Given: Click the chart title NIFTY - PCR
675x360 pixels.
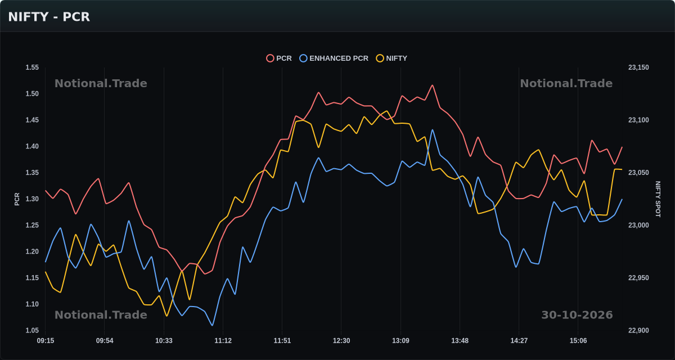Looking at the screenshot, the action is [x=49, y=17].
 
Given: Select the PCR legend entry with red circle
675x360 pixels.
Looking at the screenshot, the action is [x=279, y=58].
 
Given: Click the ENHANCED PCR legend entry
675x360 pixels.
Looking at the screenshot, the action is [x=334, y=58].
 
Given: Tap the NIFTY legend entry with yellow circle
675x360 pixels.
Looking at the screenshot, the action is [x=391, y=58].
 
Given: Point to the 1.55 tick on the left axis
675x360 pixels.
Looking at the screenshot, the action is [x=32, y=67].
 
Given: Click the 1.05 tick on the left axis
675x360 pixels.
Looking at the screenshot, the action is [x=32, y=331].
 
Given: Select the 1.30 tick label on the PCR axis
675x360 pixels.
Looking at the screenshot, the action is [x=32, y=199].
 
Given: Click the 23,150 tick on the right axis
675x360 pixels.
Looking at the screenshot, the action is [x=638, y=67].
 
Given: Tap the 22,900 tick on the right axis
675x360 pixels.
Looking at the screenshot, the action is [x=638, y=331].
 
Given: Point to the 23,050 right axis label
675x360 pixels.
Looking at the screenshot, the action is [x=638, y=173].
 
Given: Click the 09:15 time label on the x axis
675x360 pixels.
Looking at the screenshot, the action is [x=46, y=341].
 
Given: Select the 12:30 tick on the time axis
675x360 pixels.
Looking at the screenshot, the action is [x=341, y=341].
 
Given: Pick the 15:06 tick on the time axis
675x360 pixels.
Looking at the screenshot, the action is [x=578, y=341].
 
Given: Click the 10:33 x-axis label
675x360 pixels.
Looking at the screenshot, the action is [x=164, y=341].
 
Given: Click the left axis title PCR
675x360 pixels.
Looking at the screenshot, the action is [x=17, y=199].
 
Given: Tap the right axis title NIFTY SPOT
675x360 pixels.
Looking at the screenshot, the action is [x=658, y=199].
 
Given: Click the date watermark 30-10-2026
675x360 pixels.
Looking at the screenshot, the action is [x=577, y=315].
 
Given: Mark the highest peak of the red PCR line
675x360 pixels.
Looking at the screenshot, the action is [x=433, y=85].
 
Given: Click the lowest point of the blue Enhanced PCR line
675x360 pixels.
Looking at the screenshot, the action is [x=212, y=325].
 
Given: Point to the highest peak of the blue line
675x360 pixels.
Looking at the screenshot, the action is [x=433, y=130].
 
